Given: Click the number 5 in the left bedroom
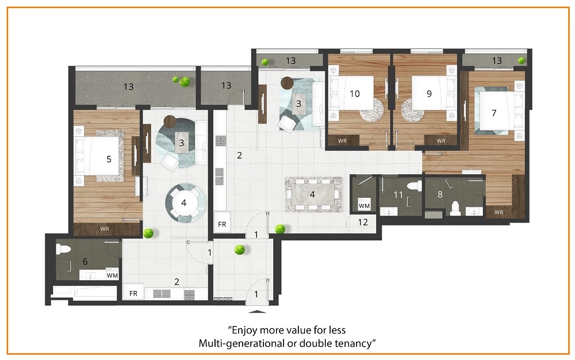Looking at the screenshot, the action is tap(109, 159).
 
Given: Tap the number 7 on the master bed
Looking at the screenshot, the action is tap(493, 113).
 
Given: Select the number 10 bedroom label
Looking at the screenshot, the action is tap(354, 94).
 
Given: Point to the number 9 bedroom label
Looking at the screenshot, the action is tap(429, 94).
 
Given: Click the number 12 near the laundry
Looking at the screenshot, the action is tap(363, 222).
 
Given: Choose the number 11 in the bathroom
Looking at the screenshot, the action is tap(398, 194).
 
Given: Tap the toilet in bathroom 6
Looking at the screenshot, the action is tap(63, 249).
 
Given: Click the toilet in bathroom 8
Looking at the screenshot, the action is tap(455, 208).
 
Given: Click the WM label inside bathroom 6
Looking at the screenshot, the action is tap(112, 275).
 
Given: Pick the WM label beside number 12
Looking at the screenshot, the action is tap(364, 206).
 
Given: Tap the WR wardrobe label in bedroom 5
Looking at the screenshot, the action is tap(105, 229).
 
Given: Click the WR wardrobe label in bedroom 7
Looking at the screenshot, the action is tap(499, 212).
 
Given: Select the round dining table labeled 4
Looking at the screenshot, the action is tap(184, 203).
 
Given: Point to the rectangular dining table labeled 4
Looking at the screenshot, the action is tap(313, 194).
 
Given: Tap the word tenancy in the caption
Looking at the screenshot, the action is tap(354, 344).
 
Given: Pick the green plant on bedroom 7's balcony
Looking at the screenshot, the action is tap(521, 61).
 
